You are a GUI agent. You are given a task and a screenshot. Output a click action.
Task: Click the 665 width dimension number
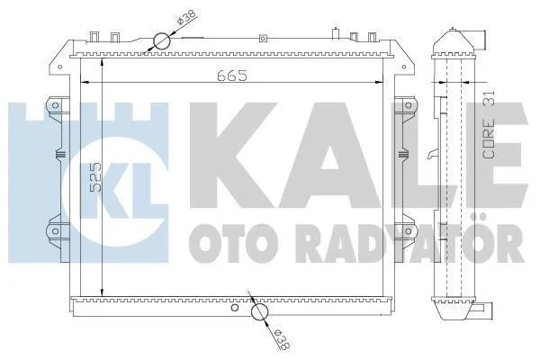(232, 76)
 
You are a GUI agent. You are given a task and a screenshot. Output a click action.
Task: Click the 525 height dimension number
(96, 176)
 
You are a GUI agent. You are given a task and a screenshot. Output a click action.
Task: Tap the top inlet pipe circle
(162, 41)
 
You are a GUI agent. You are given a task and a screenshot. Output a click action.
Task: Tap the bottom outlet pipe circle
(260, 311)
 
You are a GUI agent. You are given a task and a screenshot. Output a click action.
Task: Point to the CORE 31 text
(489, 124)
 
